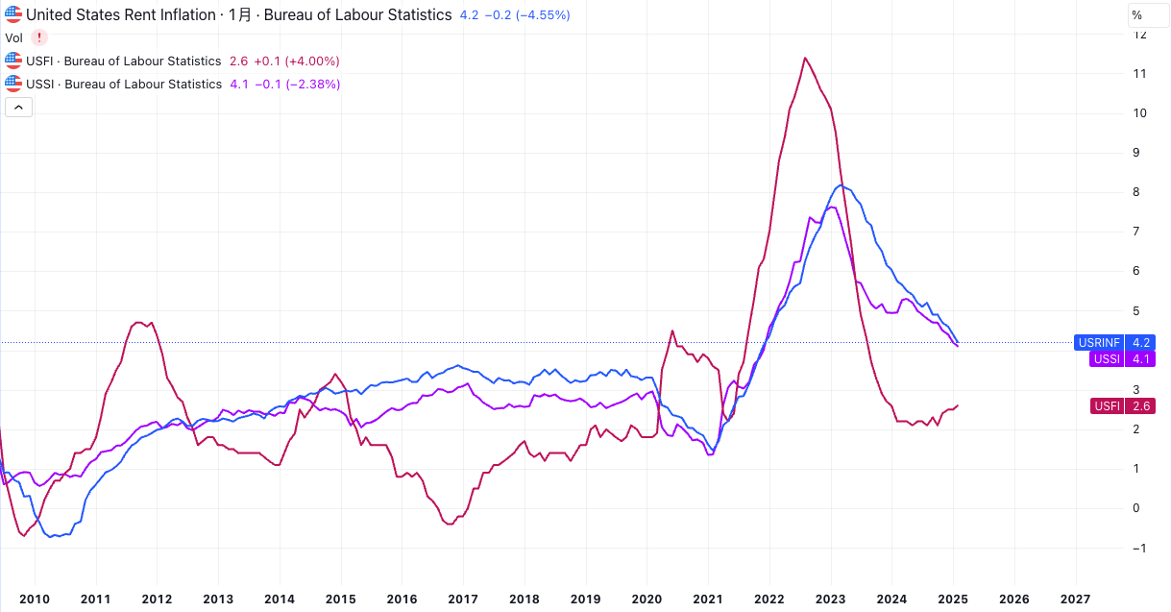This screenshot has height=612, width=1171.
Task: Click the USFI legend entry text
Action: tap(124, 61)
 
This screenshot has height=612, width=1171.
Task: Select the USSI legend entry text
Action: tap(124, 84)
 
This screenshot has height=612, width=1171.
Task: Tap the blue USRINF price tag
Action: tap(1114, 342)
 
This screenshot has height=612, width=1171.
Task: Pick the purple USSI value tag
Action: tap(1122, 359)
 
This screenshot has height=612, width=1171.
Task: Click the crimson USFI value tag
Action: tap(1122, 406)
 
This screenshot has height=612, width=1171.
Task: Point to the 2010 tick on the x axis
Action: tap(35, 599)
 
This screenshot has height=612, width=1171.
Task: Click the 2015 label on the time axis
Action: tap(340, 599)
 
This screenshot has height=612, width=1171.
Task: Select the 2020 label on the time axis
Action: tap(646, 599)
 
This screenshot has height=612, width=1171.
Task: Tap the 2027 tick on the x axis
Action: tap(1075, 599)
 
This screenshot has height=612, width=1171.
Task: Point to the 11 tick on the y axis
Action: tap(1139, 74)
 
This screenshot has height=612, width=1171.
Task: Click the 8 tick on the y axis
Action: tap(1139, 192)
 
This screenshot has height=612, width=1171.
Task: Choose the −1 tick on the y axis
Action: tap(1139, 548)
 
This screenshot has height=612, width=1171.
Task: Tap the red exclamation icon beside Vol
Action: tap(39, 37)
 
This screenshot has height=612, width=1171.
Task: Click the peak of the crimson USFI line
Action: tap(804, 59)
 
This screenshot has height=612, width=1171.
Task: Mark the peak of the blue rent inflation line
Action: tap(841, 184)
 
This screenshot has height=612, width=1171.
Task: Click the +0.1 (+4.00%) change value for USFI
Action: tap(296, 61)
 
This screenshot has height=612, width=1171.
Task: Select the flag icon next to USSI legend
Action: tap(13, 84)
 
